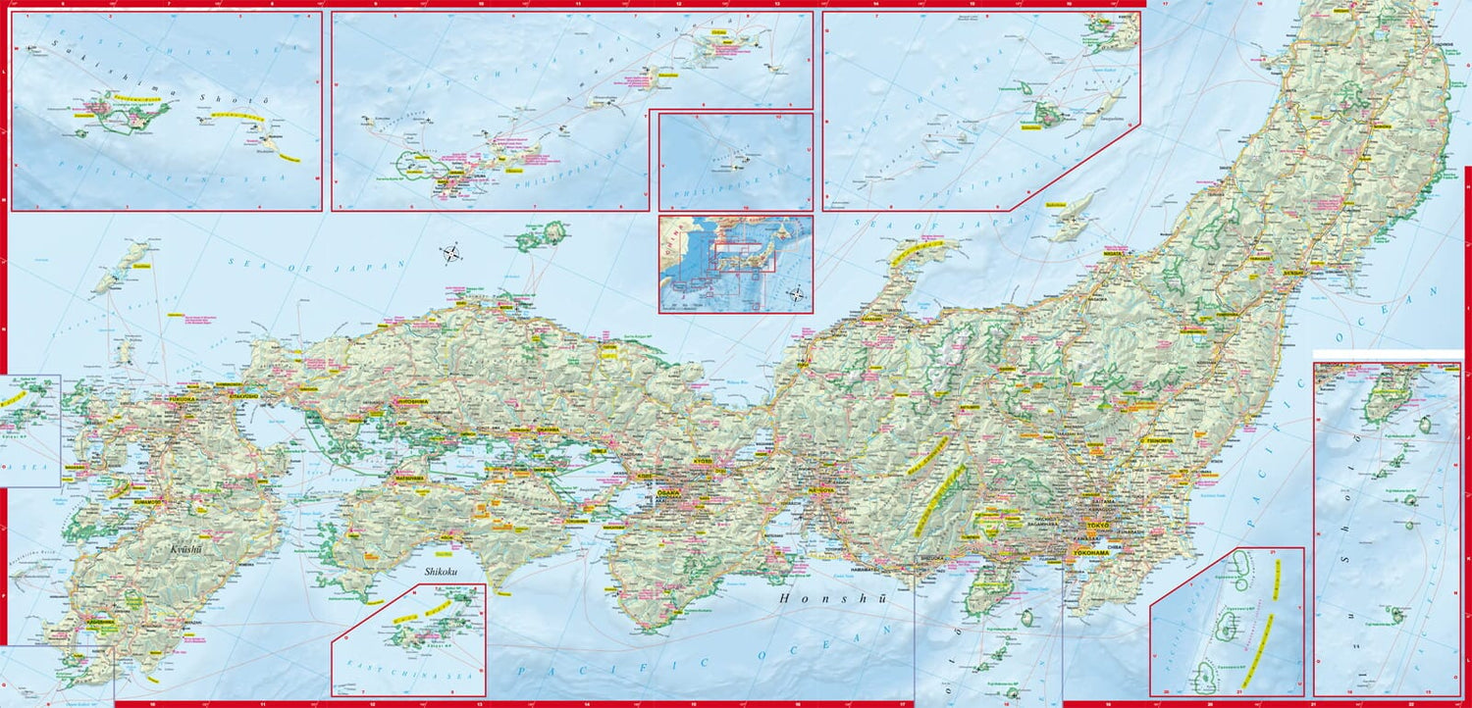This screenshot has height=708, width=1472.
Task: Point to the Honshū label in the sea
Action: click(832, 597)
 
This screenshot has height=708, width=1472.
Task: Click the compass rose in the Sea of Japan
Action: click(451, 254)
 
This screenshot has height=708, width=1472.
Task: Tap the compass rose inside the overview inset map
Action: click(797, 293)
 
